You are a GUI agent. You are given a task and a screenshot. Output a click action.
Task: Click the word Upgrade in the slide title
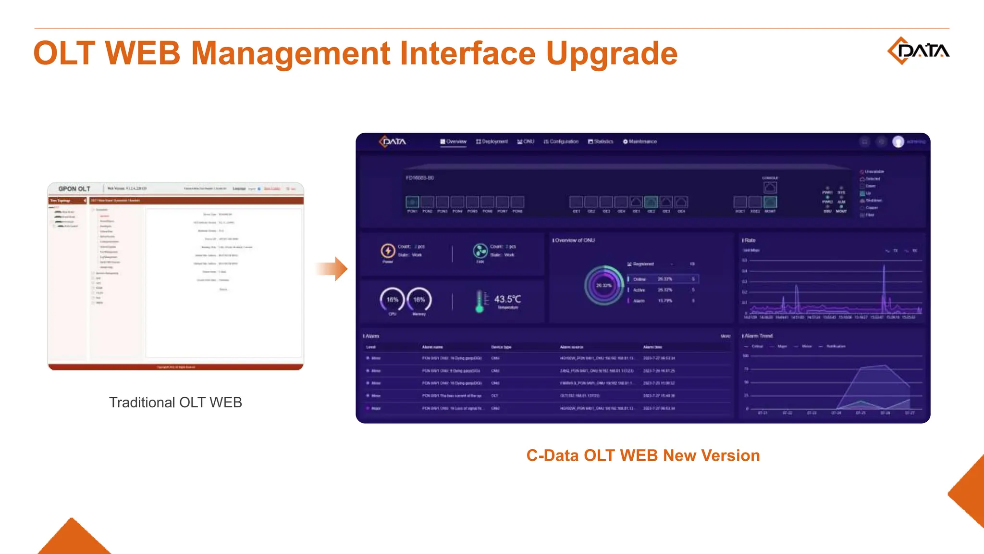(x=611, y=53)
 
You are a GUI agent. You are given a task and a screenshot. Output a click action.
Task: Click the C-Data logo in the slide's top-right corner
(x=918, y=50)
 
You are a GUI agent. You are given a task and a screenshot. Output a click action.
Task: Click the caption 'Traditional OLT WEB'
(x=175, y=403)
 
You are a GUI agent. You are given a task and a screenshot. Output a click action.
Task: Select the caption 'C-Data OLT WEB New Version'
(x=643, y=455)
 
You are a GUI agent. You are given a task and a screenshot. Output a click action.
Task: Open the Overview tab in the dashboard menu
(x=453, y=141)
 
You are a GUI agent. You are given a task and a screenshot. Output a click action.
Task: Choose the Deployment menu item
(x=492, y=141)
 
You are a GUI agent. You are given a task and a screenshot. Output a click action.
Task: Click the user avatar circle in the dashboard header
(x=898, y=141)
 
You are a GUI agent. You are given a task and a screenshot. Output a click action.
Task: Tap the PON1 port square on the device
(x=412, y=202)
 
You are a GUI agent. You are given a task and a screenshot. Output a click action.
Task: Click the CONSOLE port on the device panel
(x=770, y=187)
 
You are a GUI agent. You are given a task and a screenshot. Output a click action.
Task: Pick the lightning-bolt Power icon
(x=388, y=251)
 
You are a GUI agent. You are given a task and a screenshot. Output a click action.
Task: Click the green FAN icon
(x=480, y=251)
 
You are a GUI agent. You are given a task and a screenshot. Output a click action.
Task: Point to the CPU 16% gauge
(x=392, y=300)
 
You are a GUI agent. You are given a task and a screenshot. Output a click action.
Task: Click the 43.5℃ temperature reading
(x=507, y=299)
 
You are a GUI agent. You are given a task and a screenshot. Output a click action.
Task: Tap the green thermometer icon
(x=480, y=302)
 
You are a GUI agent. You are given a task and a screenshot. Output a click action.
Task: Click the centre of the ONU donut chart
(x=603, y=285)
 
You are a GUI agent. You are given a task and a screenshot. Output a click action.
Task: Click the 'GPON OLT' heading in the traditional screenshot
(x=74, y=189)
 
